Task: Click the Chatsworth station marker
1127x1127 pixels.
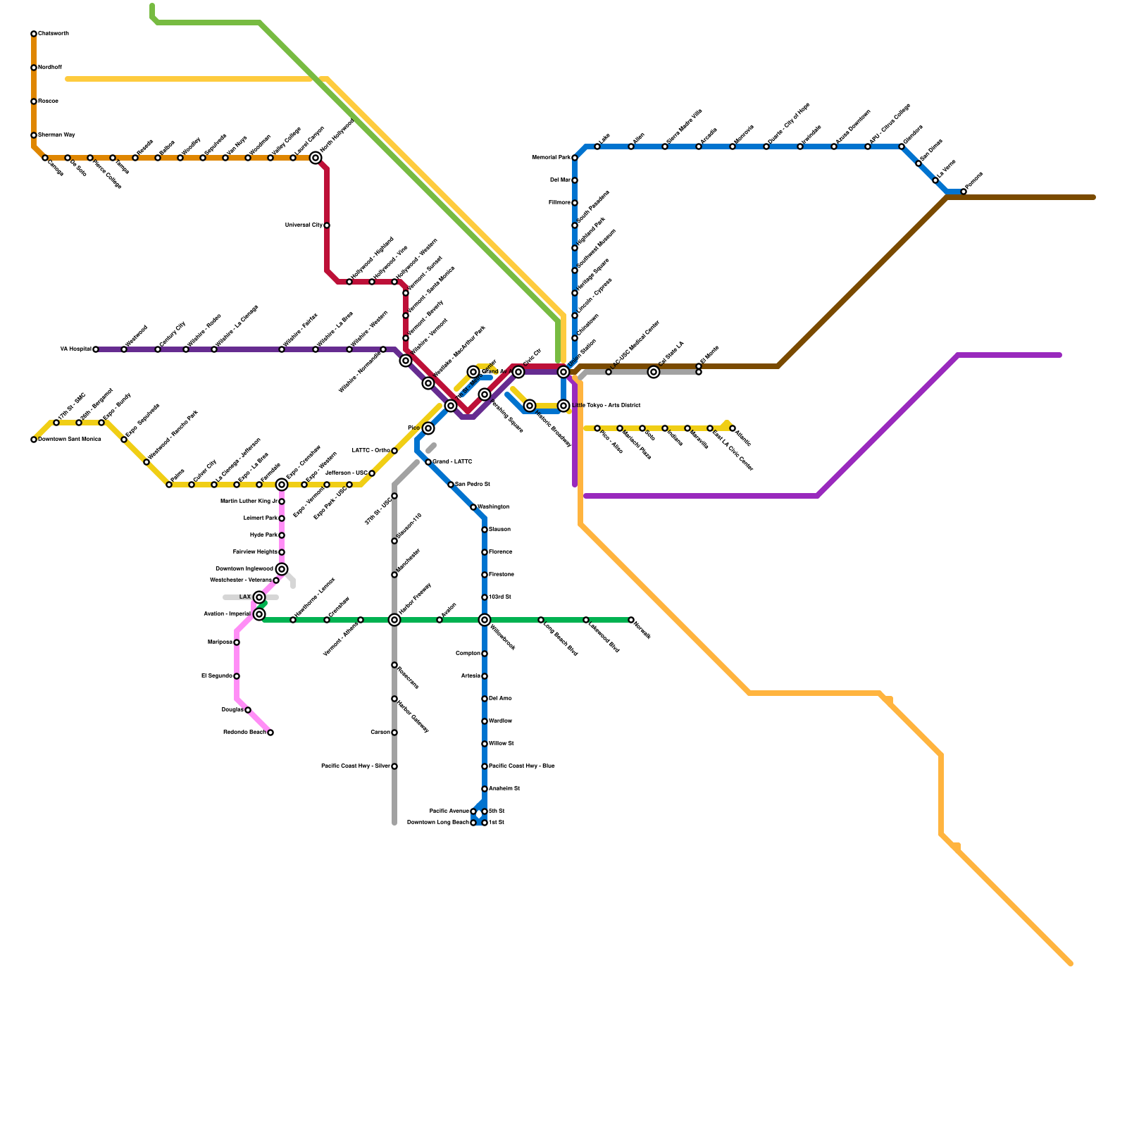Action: [34, 34]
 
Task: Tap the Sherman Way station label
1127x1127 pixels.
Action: [56, 135]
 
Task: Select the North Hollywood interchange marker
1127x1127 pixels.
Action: [316, 158]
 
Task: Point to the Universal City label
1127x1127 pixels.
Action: [304, 225]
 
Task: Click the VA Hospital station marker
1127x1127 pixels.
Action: [96, 349]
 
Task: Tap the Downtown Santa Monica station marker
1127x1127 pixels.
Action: [34, 440]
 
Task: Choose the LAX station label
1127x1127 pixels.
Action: [244, 597]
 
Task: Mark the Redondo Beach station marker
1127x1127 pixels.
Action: [270, 733]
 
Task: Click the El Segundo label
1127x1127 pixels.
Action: [216, 676]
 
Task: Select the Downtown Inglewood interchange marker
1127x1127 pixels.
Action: [282, 569]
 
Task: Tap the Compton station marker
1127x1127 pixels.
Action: [485, 654]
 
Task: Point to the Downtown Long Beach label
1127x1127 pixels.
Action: [437, 822]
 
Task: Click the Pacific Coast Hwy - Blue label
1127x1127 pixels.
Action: [522, 766]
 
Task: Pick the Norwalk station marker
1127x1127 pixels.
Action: [631, 620]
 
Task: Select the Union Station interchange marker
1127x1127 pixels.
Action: [563, 372]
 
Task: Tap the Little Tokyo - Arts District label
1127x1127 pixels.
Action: [606, 406]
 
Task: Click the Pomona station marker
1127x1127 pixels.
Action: [964, 192]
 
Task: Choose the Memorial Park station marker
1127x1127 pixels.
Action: [575, 158]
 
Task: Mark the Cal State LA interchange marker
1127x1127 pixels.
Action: [654, 372]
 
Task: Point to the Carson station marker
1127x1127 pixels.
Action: [394, 733]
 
